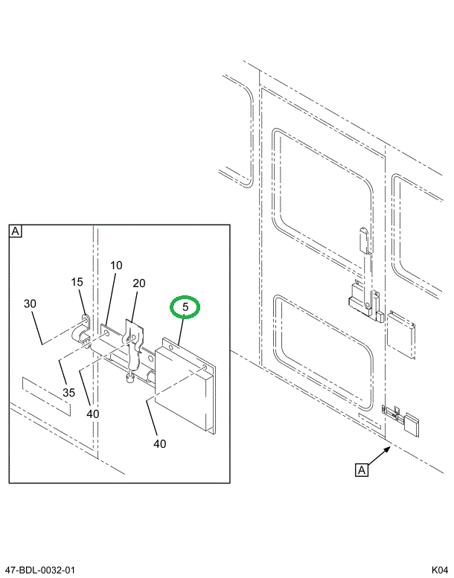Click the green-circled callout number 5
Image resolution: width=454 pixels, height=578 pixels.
pyautogui.click(x=187, y=306)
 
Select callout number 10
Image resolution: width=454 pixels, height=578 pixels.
pyautogui.click(x=116, y=266)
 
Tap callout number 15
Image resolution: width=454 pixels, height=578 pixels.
pyautogui.click(x=77, y=282)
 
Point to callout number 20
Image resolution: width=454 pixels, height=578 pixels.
pyautogui.click(x=138, y=283)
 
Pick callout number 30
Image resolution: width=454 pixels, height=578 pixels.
pyautogui.click(x=30, y=304)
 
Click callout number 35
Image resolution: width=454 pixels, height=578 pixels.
pyautogui.click(x=68, y=392)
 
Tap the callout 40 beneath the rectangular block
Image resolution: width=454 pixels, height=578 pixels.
pyautogui.click(x=160, y=443)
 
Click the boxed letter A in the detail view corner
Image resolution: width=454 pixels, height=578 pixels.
pyautogui.click(x=16, y=231)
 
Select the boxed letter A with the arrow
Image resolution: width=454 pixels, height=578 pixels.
pyautogui.click(x=362, y=469)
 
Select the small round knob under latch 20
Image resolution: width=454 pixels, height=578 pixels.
pyautogui.click(x=130, y=379)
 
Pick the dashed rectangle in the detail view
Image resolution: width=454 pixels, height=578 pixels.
pyautogui.click(x=47, y=395)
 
